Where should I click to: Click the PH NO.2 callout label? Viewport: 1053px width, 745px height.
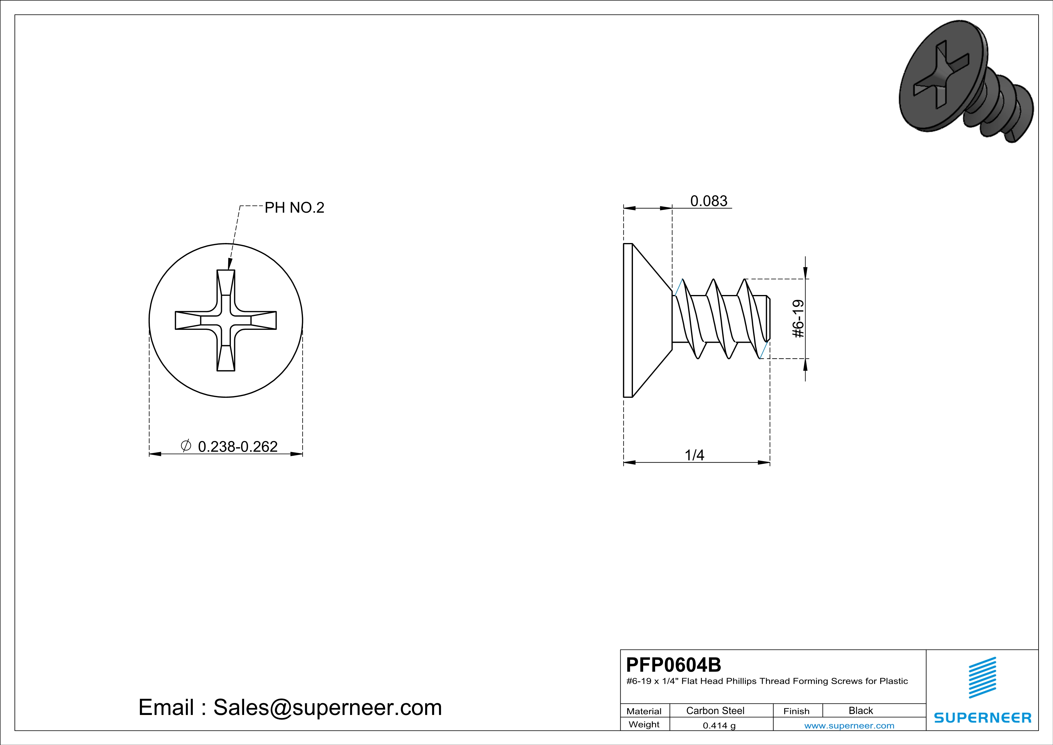(x=295, y=208)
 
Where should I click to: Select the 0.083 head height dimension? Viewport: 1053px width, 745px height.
(x=709, y=201)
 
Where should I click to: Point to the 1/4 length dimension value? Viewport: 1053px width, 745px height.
(x=694, y=455)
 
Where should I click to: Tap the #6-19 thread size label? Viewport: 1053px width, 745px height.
(x=798, y=319)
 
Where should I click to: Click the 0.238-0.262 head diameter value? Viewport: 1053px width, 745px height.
(x=238, y=446)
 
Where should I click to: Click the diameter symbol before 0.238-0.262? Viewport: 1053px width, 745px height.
(x=186, y=445)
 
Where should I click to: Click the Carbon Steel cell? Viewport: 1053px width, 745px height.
(x=715, y=710)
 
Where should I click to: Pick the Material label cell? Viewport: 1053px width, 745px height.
(x=644, y=711)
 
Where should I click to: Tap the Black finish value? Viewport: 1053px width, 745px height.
(x=860, y=710)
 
